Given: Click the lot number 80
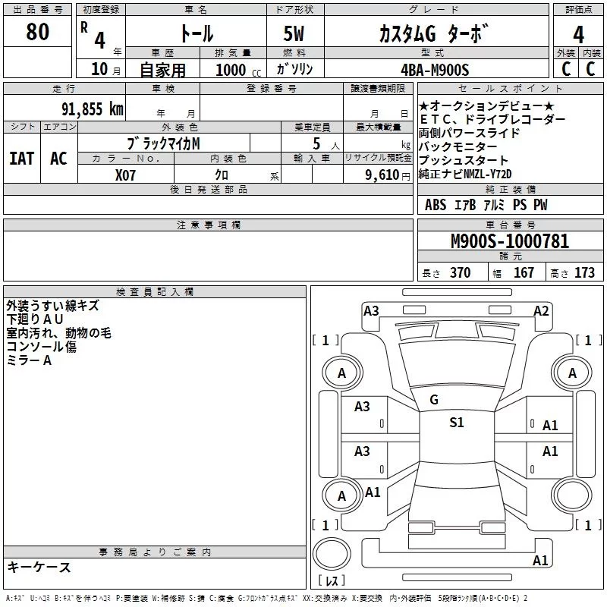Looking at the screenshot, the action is point(37,32).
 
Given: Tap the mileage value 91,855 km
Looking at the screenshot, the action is point(93,109).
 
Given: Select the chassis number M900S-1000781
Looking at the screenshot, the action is point(510,241).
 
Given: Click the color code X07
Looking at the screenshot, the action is point(126,175).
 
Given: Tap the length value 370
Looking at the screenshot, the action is point(460,273).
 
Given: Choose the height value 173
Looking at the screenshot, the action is point(584,273).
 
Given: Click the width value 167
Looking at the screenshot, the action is point(524,273).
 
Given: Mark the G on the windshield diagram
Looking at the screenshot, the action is point(434,400).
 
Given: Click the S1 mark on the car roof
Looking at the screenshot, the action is point(456,423).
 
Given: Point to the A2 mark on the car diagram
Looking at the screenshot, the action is point(541,311).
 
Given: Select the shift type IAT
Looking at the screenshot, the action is point(20,159).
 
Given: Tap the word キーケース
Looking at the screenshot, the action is point(39,567).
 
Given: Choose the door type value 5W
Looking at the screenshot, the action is point(295,34).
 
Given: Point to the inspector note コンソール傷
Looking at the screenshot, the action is point(41,347).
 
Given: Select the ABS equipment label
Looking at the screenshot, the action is point(436,205).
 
